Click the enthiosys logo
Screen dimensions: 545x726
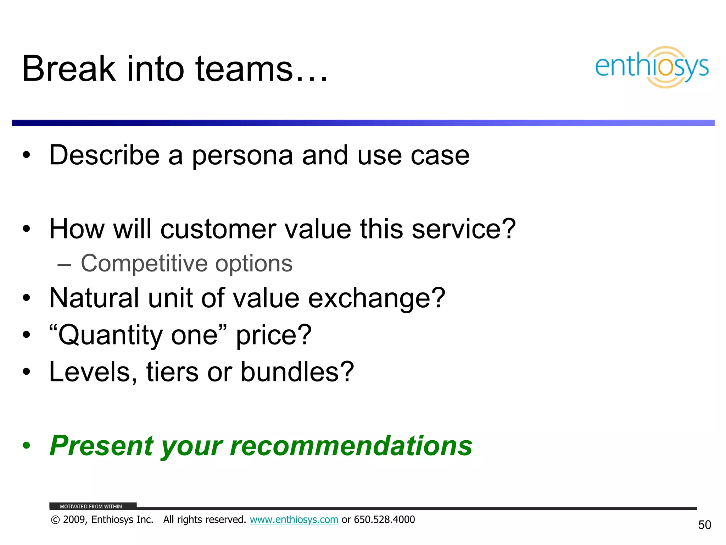[x=652, y=67]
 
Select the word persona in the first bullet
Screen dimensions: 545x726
[x=242, y=156]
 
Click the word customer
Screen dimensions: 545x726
[x=218, y=229]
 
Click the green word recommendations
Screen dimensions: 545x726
[x=351, y=446]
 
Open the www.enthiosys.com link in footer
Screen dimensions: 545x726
[x=294, y=520]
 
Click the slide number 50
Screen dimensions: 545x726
[x=704, y=525]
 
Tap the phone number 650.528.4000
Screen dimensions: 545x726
[x=384, y=520]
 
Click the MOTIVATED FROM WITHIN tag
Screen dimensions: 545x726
[x=91, y=506]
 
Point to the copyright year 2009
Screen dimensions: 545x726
[x=75, y=520]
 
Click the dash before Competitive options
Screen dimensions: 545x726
[x=64, y=265]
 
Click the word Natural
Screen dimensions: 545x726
[x=94, y=298]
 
